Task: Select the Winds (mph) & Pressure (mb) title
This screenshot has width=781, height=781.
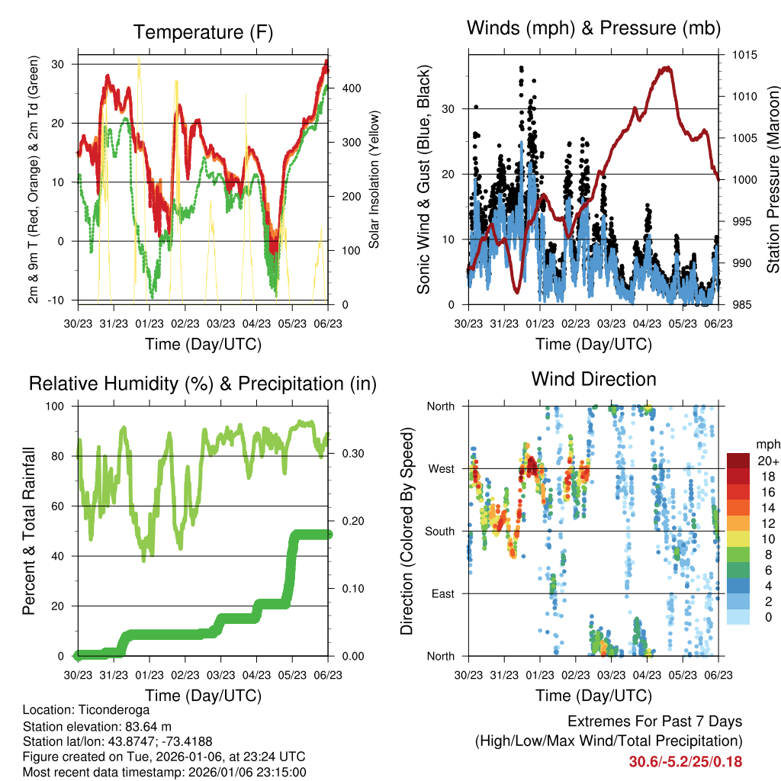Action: (593, 28)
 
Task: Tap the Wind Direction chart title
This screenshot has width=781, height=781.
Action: (593, 378)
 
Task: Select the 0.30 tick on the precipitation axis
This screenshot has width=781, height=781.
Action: (347, 454)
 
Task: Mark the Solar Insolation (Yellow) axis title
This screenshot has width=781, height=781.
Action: (374, 179)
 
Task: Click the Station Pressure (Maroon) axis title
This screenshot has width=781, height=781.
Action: (773, 179)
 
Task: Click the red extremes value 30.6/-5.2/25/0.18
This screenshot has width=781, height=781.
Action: (685, 761)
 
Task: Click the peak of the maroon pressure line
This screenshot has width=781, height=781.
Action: (668, 67)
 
